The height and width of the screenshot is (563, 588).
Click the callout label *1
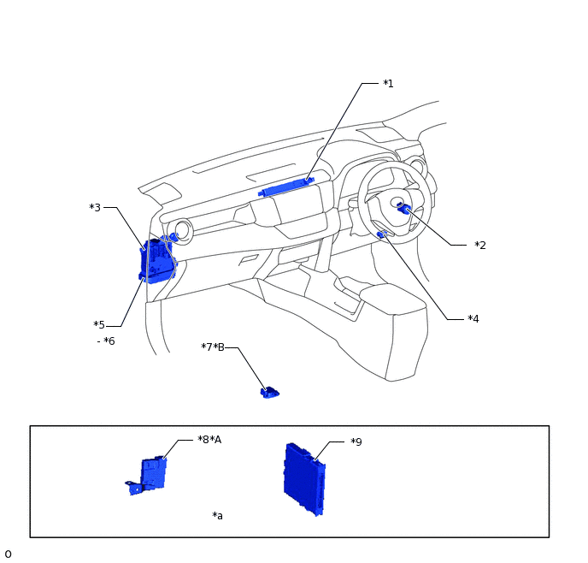point(389,83)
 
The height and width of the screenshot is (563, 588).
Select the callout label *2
point(480,245)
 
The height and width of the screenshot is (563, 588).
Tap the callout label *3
point(95,207)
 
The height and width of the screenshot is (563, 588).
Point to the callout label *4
point(473,318)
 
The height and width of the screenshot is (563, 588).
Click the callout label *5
point(99,324)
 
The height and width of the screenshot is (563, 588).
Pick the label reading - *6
point(106,341)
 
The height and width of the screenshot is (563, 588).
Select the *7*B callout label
point(213,347)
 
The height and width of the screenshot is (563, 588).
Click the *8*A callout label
point(209,439)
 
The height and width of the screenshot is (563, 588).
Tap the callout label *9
point(356,442)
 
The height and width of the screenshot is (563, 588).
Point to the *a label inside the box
point(217,516)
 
